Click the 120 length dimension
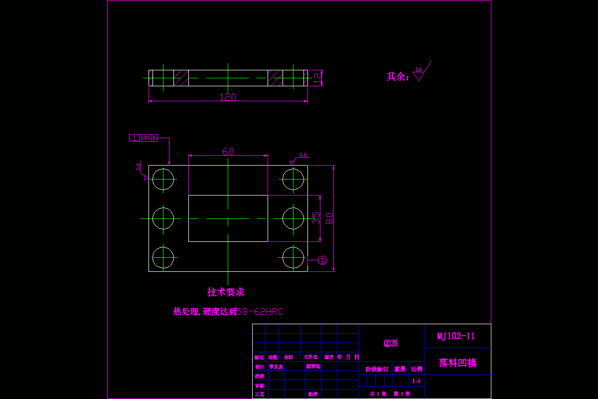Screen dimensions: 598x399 click(228, 97)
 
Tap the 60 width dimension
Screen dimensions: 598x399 click(228, 151)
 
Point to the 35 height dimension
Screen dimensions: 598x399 click(316, 218)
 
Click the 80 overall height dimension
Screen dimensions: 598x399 click(329, 218)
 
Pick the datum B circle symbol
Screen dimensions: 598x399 click(322, 260)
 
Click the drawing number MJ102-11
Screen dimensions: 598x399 click(456, 336)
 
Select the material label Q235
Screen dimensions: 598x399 click(391, 343)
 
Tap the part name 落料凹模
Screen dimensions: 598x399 click(457, 363)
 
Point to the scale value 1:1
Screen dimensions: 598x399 click(417, 381)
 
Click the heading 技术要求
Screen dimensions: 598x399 click(226, 292)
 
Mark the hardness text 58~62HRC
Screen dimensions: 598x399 click(260, 312)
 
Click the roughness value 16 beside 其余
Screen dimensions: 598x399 click(419, 70)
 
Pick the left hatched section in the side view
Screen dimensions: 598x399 click(181, 78)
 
